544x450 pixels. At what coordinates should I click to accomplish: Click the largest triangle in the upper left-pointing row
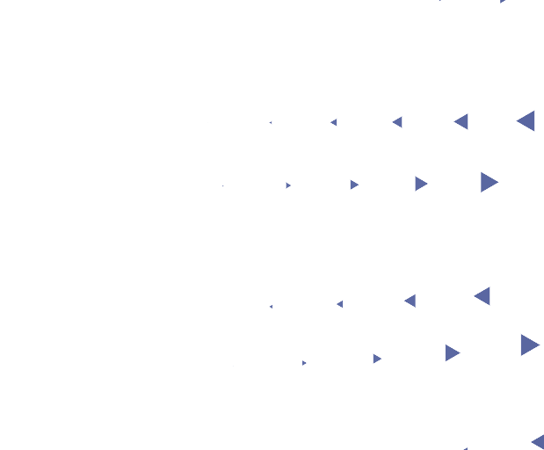[526, 121]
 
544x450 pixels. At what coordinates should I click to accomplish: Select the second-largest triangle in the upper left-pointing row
[461, 122]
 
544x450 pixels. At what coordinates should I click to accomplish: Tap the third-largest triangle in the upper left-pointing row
[397, 122]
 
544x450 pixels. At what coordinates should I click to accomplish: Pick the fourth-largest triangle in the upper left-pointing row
[334, 122]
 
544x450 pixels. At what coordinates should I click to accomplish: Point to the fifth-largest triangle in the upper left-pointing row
[271, 123]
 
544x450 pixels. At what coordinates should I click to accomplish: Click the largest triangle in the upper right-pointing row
[489, 182]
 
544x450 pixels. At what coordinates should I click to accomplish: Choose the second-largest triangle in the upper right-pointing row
[421, 184]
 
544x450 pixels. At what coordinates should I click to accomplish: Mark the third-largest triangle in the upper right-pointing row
[353, 185]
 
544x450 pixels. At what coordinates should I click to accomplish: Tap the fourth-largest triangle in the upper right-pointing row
[288, 185]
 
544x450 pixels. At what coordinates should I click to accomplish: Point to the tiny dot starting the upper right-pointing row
[223, 186]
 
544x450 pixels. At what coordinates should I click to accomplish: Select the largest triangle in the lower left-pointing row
[482, 296]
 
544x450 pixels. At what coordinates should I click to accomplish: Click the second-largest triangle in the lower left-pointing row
[410, 301]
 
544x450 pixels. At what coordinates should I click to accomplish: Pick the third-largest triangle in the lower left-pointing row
[340, 304]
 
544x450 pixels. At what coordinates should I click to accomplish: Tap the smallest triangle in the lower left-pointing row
[271, 307]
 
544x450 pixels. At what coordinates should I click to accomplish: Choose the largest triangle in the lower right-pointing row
[528, 345]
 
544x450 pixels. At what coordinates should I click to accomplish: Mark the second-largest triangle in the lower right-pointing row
[452, 352]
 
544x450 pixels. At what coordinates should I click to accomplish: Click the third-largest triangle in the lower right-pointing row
[377, 359]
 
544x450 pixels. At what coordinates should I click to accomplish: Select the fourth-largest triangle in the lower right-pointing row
[304, 363]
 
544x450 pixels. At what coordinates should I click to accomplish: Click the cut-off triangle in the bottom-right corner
[538, 441]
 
